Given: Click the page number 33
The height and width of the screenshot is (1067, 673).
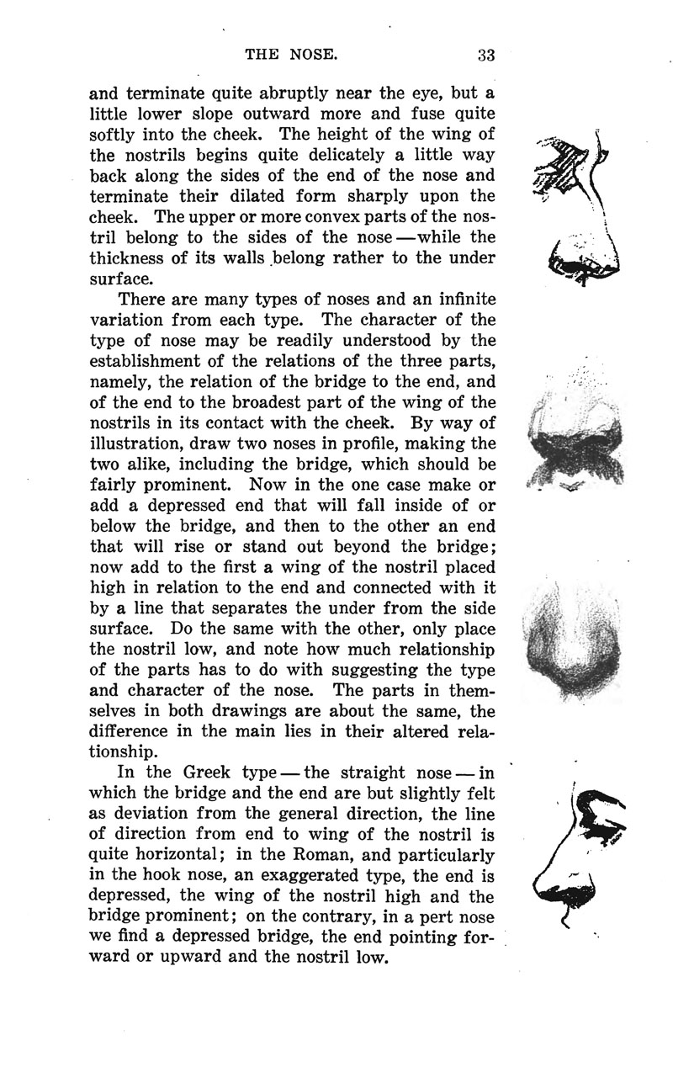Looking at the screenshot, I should pos(486,56).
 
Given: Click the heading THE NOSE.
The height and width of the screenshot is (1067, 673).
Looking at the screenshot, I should pos(291,56).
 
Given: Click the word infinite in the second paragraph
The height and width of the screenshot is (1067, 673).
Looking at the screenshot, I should pos(456,300).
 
